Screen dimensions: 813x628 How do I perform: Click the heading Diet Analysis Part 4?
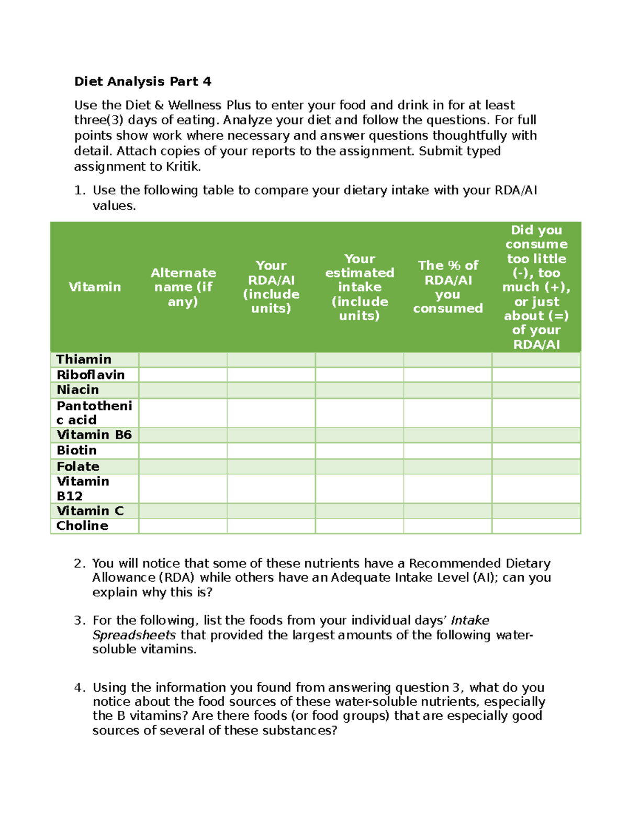142,82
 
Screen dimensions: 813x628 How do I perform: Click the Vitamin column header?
95,287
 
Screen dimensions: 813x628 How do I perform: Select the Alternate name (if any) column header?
183,287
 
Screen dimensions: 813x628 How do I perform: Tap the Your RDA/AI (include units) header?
271,287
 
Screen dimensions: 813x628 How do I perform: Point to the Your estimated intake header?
360,287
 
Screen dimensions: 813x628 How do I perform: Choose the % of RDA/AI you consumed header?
448,287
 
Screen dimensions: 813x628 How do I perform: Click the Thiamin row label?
84,360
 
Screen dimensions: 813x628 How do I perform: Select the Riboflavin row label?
91,375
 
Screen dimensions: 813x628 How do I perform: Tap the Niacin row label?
77,390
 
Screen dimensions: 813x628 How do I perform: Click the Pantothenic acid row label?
94,413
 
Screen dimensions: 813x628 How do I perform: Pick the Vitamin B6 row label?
94,435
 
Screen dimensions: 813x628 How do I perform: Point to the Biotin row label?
76,451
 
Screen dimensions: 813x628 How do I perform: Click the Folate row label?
78,466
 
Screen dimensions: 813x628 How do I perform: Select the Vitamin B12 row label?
83,488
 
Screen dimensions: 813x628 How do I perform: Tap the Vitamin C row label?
90,511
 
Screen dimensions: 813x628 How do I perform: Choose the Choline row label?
82,526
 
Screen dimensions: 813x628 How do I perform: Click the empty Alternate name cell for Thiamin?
183,360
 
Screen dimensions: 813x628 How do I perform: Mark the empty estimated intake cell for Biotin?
360,451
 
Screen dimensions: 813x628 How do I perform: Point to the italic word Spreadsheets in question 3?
134,635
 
